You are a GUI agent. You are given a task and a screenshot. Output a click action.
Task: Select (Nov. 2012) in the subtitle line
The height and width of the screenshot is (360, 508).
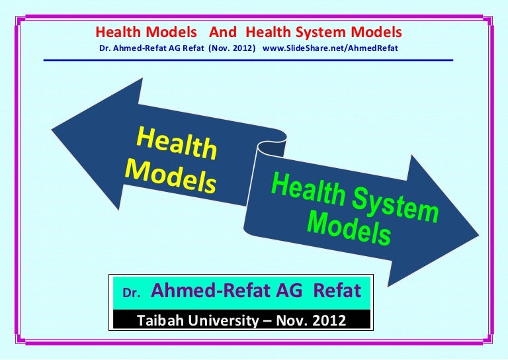(232, 48)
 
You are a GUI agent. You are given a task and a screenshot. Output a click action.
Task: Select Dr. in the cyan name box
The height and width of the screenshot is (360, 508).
(131, 292)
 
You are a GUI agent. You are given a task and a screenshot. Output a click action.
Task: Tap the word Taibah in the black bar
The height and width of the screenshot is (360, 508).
(159, 321)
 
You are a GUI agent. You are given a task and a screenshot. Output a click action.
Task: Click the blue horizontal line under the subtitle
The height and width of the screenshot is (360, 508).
(248, 60)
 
